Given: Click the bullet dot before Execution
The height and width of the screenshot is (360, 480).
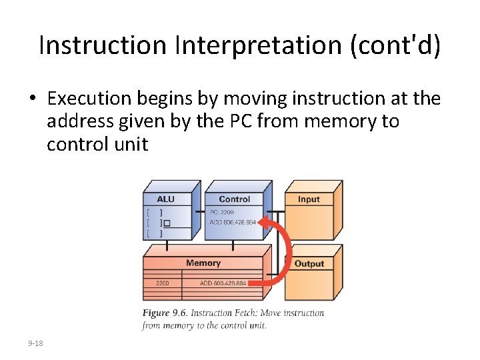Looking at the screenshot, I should click(x=32, y=99).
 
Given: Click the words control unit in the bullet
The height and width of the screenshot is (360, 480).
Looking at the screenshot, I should click(x=97, y=143).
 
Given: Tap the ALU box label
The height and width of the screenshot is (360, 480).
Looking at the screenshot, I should click(x=165, y=199).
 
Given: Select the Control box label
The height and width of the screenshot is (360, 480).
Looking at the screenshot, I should click(x=234, y=199).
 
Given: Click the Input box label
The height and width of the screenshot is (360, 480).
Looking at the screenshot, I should click(x=309, y=199).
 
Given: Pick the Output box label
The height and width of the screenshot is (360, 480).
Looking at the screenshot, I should click(x=309, y=263).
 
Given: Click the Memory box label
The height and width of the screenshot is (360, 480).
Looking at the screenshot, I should click(x=203, y=263).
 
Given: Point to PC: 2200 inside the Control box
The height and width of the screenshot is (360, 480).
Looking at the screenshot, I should click(x=223, y=212).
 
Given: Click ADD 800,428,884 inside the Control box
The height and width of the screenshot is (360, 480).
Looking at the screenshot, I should click(x=232, y=222).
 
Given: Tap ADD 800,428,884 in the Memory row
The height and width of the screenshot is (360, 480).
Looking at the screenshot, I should click(x=223, y=283).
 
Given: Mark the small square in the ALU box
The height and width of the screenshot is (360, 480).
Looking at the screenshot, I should click(x=167, y=223).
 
